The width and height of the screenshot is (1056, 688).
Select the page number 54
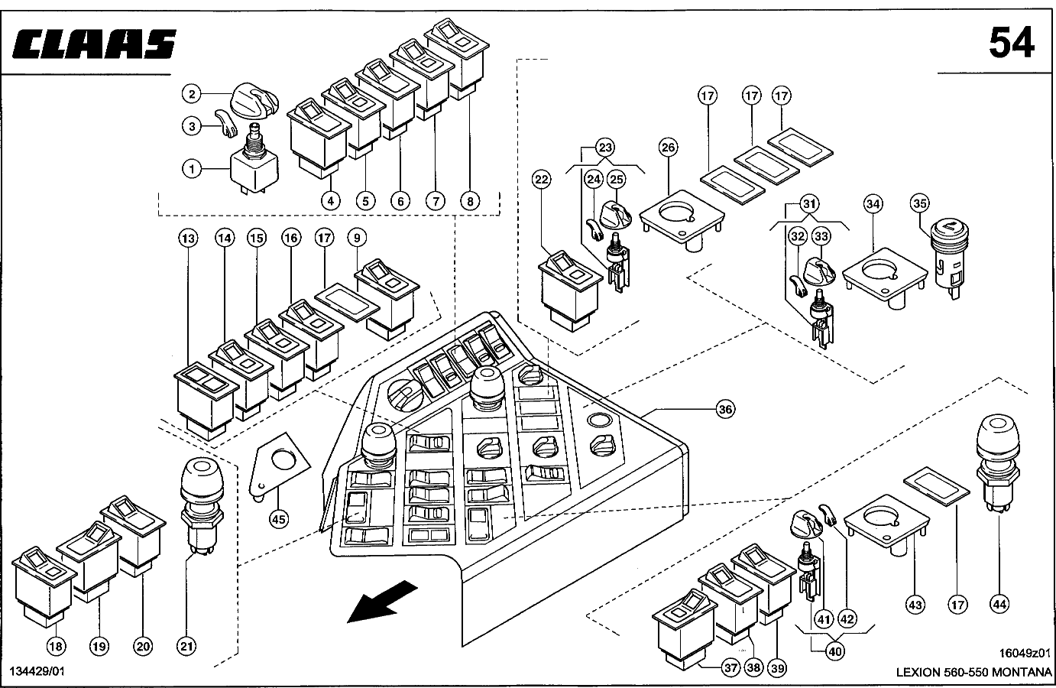pos(1012,42)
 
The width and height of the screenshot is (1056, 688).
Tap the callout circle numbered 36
pos(726,410)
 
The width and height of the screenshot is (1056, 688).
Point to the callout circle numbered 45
pos(279,520)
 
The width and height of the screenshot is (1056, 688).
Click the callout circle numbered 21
pos(187,647)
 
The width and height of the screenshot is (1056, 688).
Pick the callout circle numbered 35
pos(920,203)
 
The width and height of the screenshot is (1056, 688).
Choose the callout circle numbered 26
pos(669,148)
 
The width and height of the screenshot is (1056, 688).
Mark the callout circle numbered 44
pos(999,604)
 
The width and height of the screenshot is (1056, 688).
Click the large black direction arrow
pos(382,600)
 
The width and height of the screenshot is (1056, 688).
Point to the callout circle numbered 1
pos(191,167)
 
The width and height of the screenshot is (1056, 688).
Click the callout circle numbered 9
pos(355,239)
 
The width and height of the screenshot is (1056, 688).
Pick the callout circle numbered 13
pos(187,239)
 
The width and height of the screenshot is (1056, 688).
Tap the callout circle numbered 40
pos(834,651)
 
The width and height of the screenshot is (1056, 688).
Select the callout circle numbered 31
pos(809,204)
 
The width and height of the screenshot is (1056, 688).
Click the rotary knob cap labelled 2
pos(254,99)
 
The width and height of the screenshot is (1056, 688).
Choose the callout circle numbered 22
pos(542,180)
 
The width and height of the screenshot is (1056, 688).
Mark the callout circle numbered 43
pos(915,605)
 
